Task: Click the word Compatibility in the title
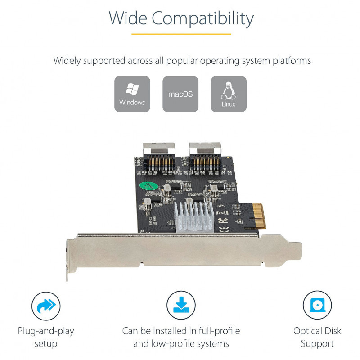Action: click(202, 18)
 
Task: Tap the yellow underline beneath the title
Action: click(181, 34)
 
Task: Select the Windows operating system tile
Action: click(132, 94)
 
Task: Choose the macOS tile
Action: click(180, 94)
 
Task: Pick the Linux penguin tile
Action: click(229, 94)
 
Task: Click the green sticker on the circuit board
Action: click(149, 186)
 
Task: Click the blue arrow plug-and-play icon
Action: click(46, 306)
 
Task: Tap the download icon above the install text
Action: click(181, 305)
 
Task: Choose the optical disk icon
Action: click(317, 305)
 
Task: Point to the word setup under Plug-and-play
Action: click(46, 344)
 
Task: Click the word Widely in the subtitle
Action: click(67, 61)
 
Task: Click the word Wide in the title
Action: click(128, 18)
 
